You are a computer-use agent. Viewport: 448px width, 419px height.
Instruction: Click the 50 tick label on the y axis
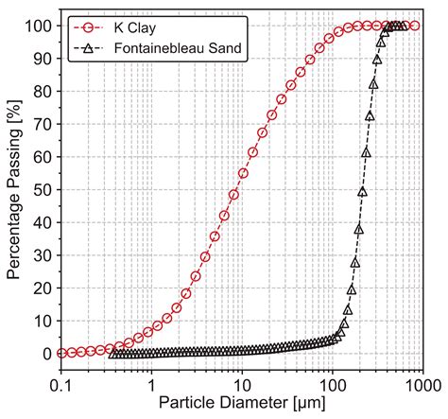[x=41, y=189]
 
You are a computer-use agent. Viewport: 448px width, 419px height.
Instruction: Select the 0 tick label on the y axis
[x=45, y=354]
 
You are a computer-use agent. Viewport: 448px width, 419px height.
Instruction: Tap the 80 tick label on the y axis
[x=41, y=91]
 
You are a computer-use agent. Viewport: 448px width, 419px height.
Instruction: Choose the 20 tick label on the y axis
[x=41, y=288]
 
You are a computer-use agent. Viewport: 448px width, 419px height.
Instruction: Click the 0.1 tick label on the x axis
[x=61, y=387]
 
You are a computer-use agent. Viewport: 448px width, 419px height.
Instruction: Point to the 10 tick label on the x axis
[x=242, y=387]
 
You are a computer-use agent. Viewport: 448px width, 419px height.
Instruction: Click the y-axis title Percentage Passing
[x=14, y=189]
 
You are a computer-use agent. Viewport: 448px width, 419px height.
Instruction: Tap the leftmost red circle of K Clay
[x=62, y=353]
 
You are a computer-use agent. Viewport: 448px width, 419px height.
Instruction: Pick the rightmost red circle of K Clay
[x=413, y=26]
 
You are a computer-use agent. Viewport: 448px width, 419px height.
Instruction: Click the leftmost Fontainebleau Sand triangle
[x=114, y=354]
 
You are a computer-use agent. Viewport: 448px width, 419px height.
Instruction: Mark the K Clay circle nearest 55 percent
[x=244, y=173]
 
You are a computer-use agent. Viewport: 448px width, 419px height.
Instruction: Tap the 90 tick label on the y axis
[x=41, y=59]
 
